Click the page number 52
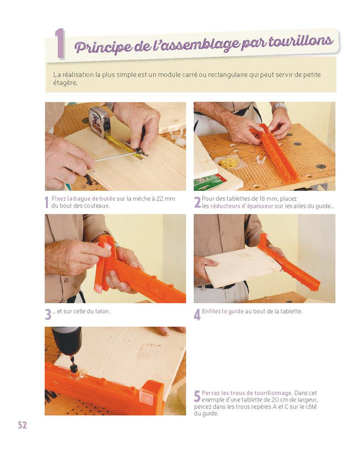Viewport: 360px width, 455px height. pos(22,425)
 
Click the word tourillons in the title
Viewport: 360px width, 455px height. pos(300,41)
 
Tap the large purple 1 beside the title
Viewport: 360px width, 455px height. pos(60,43)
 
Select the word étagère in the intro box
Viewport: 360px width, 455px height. pos(65,83)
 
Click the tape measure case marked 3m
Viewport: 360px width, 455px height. pos(99,121)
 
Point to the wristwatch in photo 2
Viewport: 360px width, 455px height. pos(279,107)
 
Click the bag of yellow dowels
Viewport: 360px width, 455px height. pos(230,162)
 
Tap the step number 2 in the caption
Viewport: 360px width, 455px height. pos(197,203)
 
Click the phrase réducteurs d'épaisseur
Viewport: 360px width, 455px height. pos(242,206)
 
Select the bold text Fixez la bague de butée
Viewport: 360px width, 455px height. pos(83,199)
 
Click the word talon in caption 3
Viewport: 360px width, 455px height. pos(102,312)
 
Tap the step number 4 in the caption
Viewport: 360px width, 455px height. pos(197,315)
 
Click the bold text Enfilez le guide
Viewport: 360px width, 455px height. pos(223,312)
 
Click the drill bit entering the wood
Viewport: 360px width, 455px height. pos(73,365)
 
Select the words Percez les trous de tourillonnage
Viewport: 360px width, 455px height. pos(247,393)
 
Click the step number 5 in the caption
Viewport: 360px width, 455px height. pos(197,396)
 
